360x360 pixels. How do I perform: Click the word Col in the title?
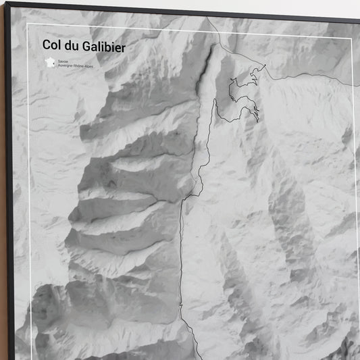tap(51, 45)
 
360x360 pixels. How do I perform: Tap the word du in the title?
tap(72, 45)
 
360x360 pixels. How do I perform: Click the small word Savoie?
tap(63, 61)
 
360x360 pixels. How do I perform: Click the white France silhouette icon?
tap(49, 62)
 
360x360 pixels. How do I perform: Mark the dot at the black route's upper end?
tap(265, 66)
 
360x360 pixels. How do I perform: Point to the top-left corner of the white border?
tap(27, 25)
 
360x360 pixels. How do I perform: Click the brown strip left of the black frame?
tap(3, 203)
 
